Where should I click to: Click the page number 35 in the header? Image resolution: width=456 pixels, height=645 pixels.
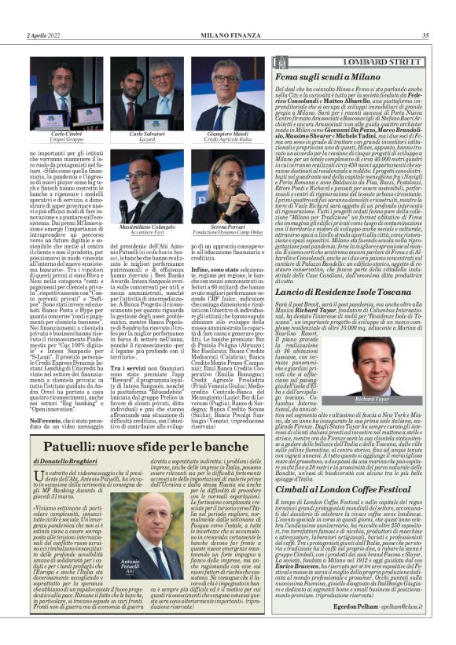point(425,35)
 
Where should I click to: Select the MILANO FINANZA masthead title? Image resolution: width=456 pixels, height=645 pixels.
point(227,35)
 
